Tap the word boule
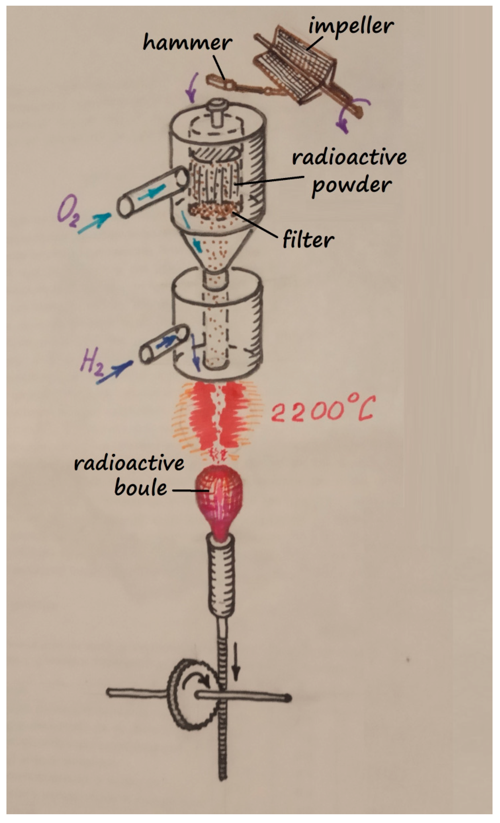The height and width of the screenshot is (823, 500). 141,488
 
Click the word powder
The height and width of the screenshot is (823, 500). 351,185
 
